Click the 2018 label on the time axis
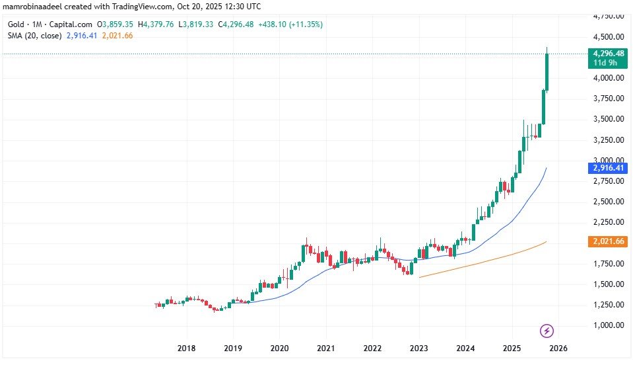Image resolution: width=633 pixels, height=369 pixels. coord(187,348)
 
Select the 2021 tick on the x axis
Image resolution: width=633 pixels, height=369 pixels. coord(326,348)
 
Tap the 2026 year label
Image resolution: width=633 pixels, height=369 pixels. coord(558,348)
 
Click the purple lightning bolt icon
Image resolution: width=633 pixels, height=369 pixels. coord(547,330)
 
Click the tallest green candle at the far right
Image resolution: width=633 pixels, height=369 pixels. coord(547,71)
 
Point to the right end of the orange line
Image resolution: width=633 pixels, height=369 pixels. coord(547,242)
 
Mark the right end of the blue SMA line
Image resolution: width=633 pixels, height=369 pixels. coord(547,169)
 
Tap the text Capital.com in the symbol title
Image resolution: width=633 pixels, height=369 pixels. coord(73,24)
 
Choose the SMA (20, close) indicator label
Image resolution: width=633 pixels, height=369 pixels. coord(32,36)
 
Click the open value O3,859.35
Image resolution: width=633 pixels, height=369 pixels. coord(116,24)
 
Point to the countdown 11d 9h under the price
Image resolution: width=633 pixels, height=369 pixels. coord(604,63)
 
